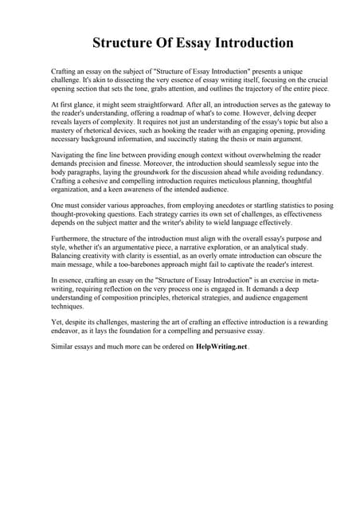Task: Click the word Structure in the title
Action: point(127,42)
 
